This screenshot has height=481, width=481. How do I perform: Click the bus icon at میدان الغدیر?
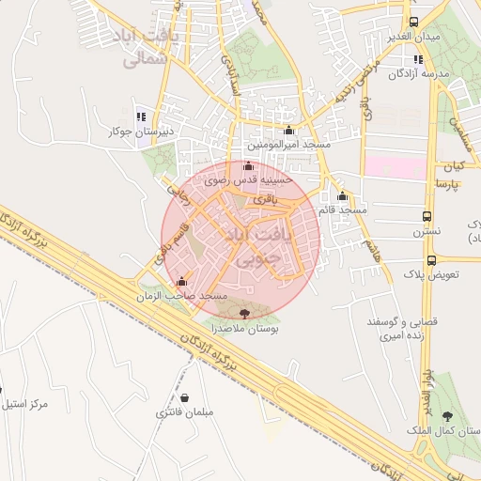point(413,21)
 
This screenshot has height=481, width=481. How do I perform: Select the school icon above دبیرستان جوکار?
point(140,117)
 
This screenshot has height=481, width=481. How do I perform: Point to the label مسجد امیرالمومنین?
point(287,146)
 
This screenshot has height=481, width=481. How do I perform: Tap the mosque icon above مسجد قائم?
point(342,196)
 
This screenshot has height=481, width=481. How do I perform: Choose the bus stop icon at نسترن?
point(427,214)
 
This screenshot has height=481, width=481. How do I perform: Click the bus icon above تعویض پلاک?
point(431,260)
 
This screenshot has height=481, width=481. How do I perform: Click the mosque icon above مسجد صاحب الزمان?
point(181,281)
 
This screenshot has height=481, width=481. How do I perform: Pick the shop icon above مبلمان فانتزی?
point(185,397)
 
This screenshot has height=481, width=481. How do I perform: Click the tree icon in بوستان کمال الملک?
point(446,414)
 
